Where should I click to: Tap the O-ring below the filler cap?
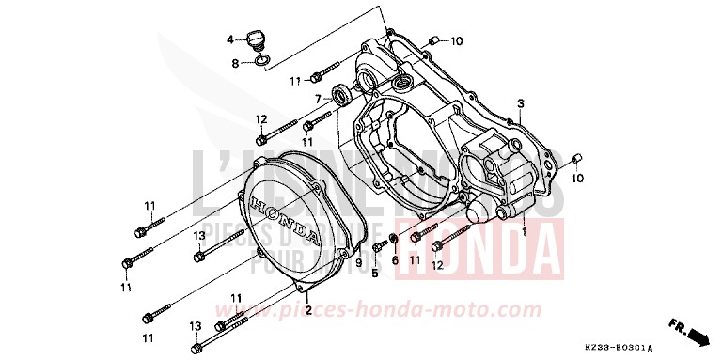264,63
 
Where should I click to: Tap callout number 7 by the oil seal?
319,98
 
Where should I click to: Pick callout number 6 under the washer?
395,260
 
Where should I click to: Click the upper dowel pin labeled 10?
435,39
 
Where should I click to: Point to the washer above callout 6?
392,239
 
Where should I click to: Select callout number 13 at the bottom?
196,326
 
